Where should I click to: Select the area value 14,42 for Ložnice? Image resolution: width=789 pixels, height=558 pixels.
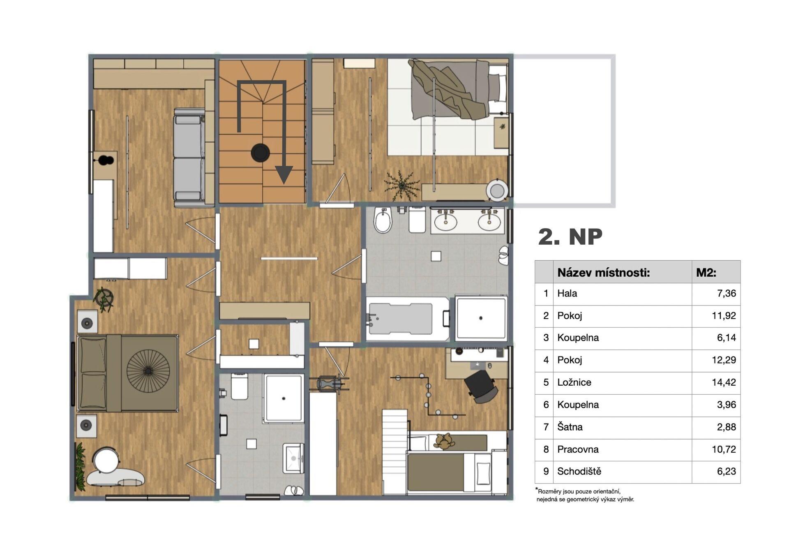[x=724, y=382]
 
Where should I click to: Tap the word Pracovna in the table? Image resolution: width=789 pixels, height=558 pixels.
[x=578, y=449]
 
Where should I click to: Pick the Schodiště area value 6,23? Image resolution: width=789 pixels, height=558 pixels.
[x=726, y=471]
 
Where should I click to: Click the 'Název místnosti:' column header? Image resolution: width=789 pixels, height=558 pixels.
[x=604, y=272]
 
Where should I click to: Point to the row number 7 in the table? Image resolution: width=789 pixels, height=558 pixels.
[x=546, y=427]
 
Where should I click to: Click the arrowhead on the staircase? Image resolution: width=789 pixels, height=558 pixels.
[x=284, y=174]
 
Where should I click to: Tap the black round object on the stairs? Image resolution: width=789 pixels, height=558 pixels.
[x=260, y=153]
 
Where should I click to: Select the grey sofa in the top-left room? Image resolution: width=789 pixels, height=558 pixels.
[x=189, y=157]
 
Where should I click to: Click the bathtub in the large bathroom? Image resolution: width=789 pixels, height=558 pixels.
[x=407, y=319]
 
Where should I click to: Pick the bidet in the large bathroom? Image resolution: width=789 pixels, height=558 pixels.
[x=383, y=220]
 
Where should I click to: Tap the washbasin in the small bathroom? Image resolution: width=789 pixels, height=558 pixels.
[x=293, y=458]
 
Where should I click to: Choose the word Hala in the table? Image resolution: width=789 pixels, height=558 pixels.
[x=567, y=293]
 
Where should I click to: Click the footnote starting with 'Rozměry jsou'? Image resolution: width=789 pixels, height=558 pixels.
[x=585, y=495]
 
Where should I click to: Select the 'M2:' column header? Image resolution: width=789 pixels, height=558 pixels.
[x=706, y=272]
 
